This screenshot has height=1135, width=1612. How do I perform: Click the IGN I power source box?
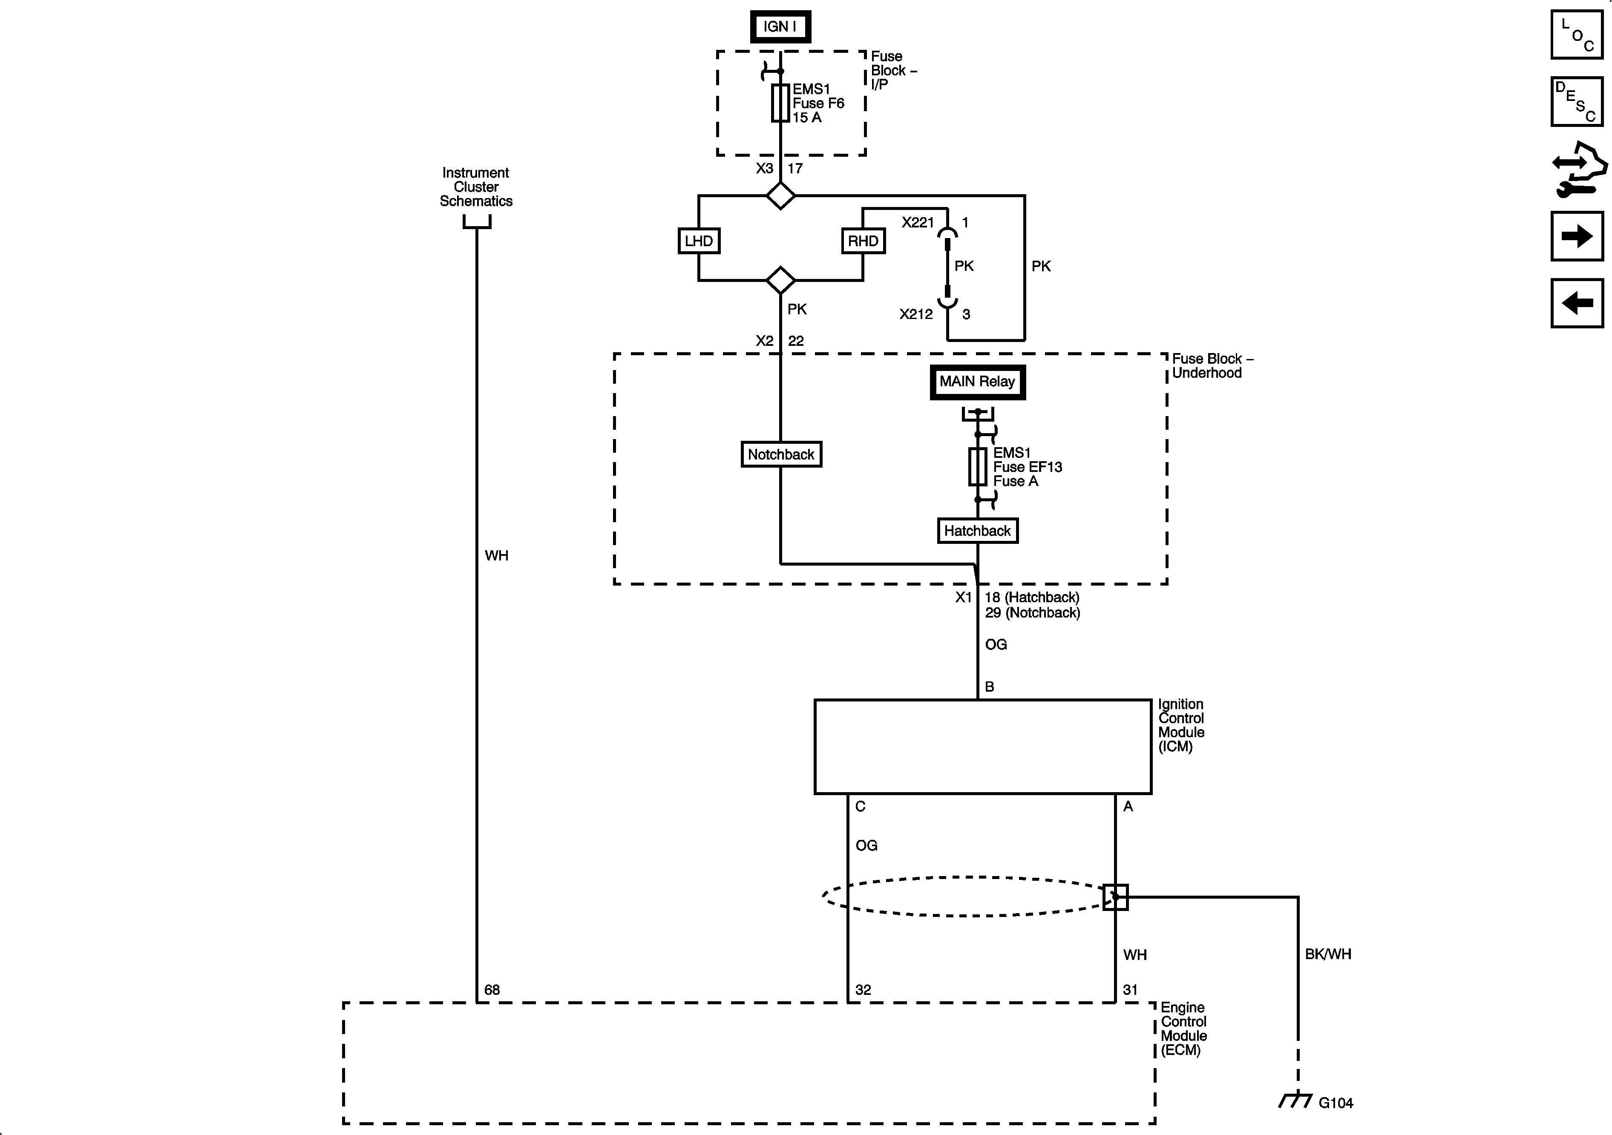780,27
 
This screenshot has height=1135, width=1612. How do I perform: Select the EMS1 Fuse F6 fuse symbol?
780,103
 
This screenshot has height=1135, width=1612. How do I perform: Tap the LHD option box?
699,241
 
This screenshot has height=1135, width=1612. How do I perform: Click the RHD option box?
863,241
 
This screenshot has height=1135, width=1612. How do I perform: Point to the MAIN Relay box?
977,382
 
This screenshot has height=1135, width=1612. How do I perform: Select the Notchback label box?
781,454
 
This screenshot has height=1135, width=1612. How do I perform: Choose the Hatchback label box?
977,531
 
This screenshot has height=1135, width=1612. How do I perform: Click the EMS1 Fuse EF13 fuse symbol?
977,467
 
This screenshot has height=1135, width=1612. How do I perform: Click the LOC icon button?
1576,34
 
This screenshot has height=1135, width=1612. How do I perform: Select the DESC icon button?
1576,102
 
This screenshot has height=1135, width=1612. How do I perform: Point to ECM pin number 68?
492,990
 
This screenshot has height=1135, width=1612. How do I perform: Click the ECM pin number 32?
863,990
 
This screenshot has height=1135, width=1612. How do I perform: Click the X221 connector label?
918,222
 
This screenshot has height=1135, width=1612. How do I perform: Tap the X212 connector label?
916,314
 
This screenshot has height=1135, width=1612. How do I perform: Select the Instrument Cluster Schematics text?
476,187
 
